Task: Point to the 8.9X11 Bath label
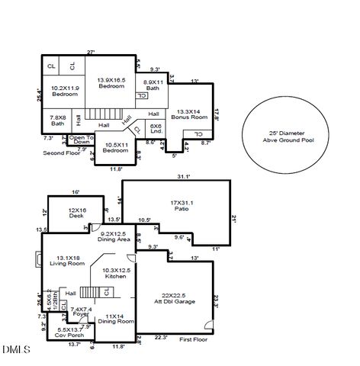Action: pyautogui.click(x=153, y=86)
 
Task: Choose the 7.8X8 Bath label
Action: pyautogui.click(x=59, y=120)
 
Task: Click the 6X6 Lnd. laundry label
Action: pyautogui.click(x=156, y=129)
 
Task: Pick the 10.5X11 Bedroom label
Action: pyautogui.click(x=116, y=147)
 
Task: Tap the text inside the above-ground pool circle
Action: pyautogui.click(x=282, y=135)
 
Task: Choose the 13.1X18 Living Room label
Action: pyautogui.click(x=65, y=261)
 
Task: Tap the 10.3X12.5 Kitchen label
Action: pyautogui.click(x=116, y=273)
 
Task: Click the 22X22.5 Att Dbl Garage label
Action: pyautogui.click(x=175, y=297)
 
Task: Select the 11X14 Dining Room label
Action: pyautogui.click(x=114, y=318)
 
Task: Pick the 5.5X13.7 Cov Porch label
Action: pyautogui.click(x=66, y=332)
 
